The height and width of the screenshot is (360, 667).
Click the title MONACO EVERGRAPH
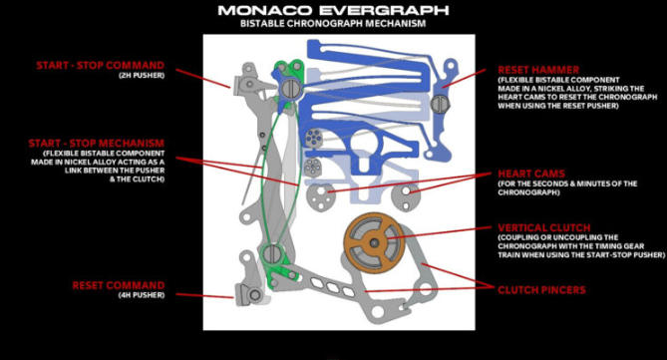click(x=333, y=10)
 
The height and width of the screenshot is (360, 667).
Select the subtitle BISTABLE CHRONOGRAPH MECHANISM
click(x=333, y=23)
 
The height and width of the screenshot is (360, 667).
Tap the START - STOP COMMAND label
click(x=100, y=65)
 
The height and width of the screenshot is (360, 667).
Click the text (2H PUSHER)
click(x=142, y=76)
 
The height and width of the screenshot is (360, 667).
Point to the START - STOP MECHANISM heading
click(x=96, y=143)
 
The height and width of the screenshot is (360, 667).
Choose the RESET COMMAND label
click(x=119, y=285)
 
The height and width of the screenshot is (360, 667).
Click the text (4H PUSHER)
click(x=142, y=295)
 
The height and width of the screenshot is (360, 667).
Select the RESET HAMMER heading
click(x=538, y=70)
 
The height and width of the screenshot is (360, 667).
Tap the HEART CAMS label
click(x=531, y=174)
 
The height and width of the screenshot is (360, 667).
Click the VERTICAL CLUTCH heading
click(x=544, y=227)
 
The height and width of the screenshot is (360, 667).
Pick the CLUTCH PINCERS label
click(x=541, y=290)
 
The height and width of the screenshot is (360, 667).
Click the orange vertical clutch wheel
click(x=374, y=243)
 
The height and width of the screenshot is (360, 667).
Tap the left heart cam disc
click(x=321, y=196)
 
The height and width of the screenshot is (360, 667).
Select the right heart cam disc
click(x=406, y=195)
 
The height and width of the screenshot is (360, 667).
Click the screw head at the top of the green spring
click(x=291, y=88)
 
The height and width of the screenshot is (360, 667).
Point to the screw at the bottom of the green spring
click(x=272, y=254)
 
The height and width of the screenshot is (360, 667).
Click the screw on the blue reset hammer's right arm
click(x=440, y=104)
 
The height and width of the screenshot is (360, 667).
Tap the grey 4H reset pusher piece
click(x=251, y=294)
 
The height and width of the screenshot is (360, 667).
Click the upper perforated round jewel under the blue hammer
click(x=314, y=139)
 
